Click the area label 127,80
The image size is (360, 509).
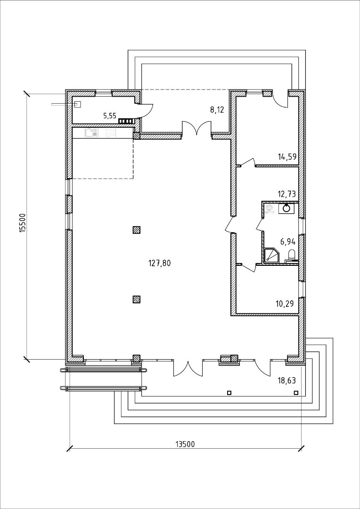point(159,263)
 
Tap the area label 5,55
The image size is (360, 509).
point(110,115)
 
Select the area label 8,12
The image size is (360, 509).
point(217,110)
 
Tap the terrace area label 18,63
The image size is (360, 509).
point(286,380)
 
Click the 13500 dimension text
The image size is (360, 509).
point(185,444)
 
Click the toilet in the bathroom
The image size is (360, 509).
point(291,255)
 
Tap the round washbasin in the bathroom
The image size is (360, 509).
point(286,208)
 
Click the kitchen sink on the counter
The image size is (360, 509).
point(91,132)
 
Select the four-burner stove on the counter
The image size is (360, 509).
point(111,132)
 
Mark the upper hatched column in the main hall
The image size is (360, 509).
point(136,230)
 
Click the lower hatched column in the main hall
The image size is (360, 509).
point(136,299)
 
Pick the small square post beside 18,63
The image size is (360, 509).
point(296,393)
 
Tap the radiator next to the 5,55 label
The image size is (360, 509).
point(126,122)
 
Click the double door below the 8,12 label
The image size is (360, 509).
point(196,128)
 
